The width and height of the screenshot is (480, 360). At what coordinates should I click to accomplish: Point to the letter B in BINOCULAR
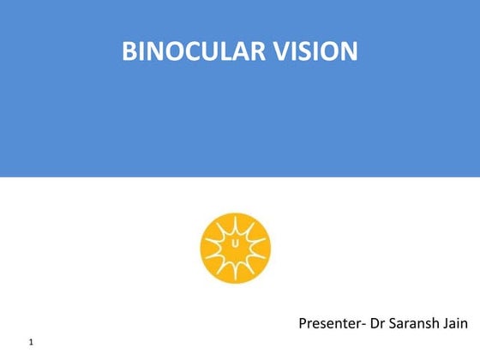click(x=129, y=52)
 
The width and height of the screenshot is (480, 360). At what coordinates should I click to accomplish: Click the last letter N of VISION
click(x=349, y=52)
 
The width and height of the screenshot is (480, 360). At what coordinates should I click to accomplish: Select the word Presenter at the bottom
click(x=329, y=323)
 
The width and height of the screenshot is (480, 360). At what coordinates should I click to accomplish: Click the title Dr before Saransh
click(x=378, y=323)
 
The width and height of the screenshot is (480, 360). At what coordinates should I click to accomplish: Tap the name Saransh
click(x=416, y=323)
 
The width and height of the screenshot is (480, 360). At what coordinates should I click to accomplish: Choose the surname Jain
click(x=456, y=323)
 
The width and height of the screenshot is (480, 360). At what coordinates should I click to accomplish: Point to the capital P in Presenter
click(x=303, y=323)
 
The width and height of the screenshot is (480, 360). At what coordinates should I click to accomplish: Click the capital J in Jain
click(x=446, y=323)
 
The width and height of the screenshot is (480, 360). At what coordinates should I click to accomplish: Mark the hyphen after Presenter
click(x=363, y=325)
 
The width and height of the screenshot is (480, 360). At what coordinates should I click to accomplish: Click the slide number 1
click(x=31, y=343)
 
